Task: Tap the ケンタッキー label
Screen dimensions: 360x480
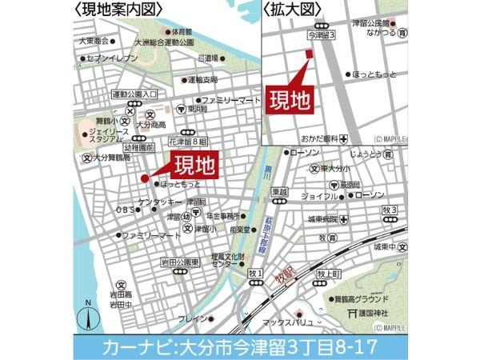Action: click(x=158, y=202)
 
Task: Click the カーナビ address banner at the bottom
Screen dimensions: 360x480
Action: click(x=240, y=347)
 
